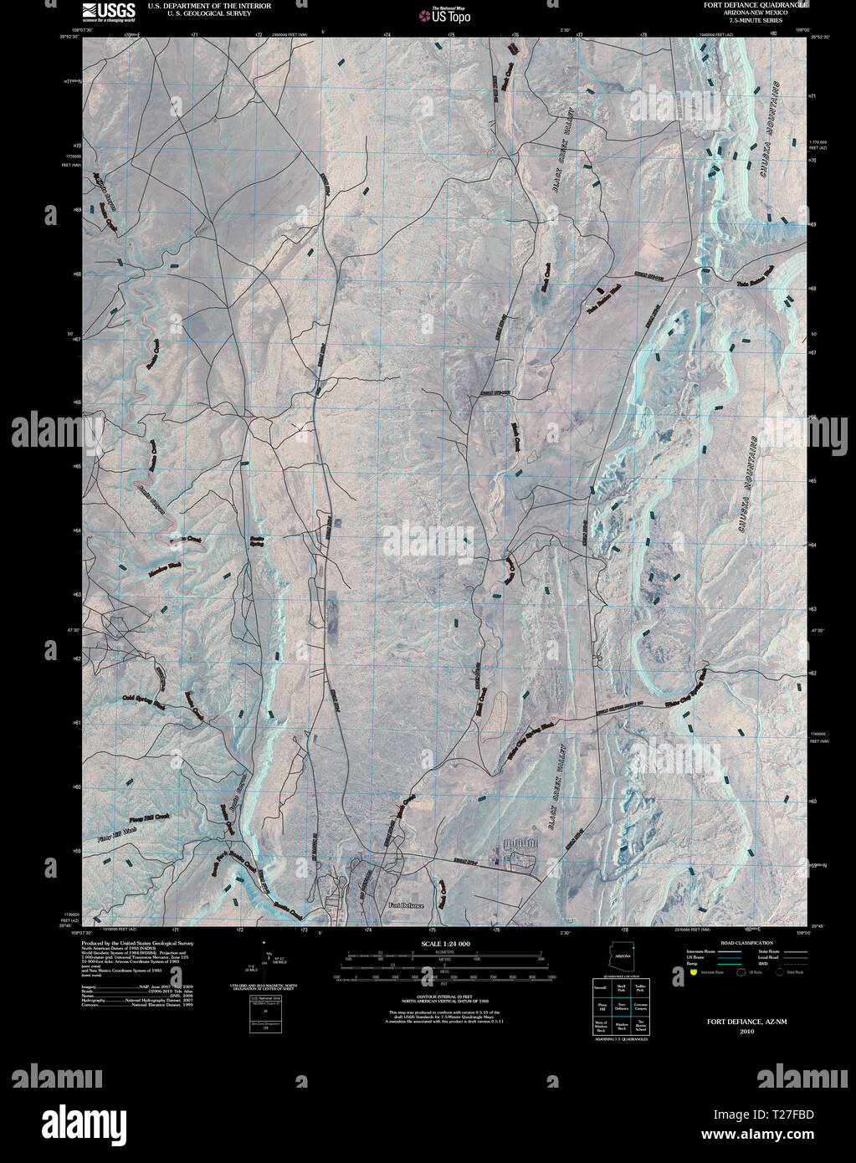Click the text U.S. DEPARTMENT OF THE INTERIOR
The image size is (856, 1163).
click(197, 5)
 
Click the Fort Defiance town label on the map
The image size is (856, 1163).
click(407, 905)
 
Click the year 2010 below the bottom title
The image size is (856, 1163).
click(746, 1032)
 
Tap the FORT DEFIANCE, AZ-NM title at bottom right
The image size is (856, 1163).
click(746, 1022)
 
